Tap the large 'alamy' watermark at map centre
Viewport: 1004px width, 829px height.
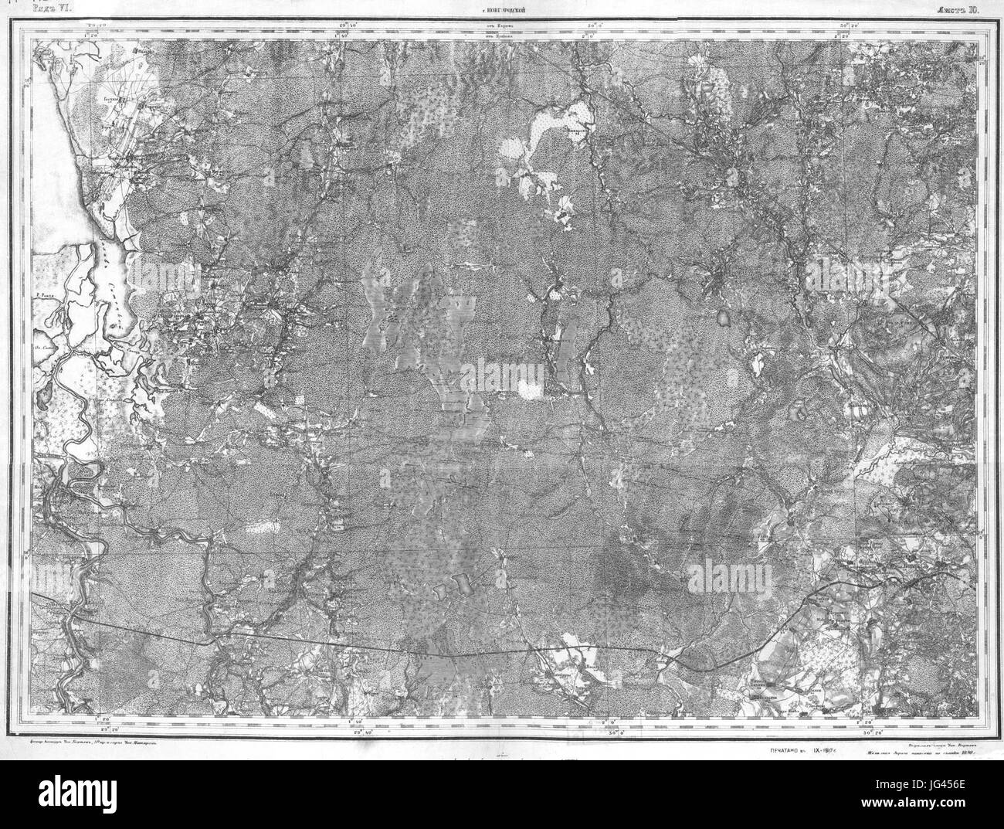pyautogui.click(x=502, y=376)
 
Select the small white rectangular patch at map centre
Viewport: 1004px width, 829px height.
pyautogui.click(x=530, y=390)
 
